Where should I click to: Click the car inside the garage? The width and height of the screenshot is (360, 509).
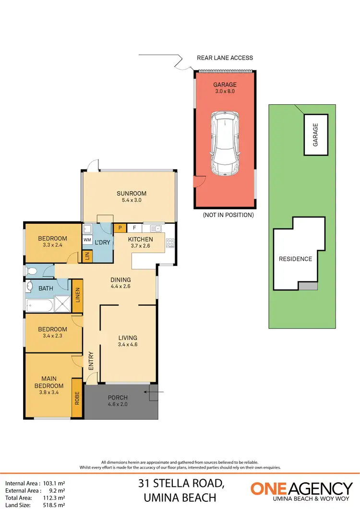click(225, 144)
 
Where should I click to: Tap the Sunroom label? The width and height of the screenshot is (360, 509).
click(129, 194)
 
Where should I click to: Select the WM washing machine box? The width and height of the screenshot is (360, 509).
click(87, 239)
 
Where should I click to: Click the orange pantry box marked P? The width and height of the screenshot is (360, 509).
click(120, 228)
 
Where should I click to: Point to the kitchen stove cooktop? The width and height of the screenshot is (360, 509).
click(170, 243)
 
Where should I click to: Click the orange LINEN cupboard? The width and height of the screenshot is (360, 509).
click(77, 296)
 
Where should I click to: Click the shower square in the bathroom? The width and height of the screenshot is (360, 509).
click(61, 303)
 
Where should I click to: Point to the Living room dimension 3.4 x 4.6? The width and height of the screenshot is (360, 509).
click(128, 344)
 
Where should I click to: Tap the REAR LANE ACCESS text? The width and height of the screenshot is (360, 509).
click(225, 58)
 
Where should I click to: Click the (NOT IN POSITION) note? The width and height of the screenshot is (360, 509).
click(228, 215)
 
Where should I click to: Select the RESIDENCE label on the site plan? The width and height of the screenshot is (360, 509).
click(295, 259)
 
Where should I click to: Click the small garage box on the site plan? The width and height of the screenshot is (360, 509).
click(315, 134)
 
